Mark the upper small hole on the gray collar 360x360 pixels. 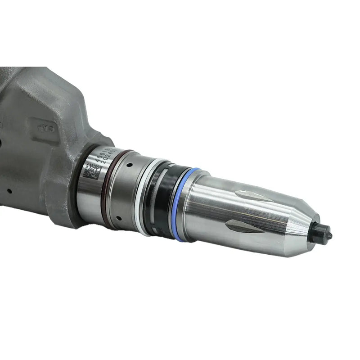pos(130,165)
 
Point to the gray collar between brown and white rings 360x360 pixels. pos(124,191)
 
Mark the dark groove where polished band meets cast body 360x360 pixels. pos(79,189)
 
